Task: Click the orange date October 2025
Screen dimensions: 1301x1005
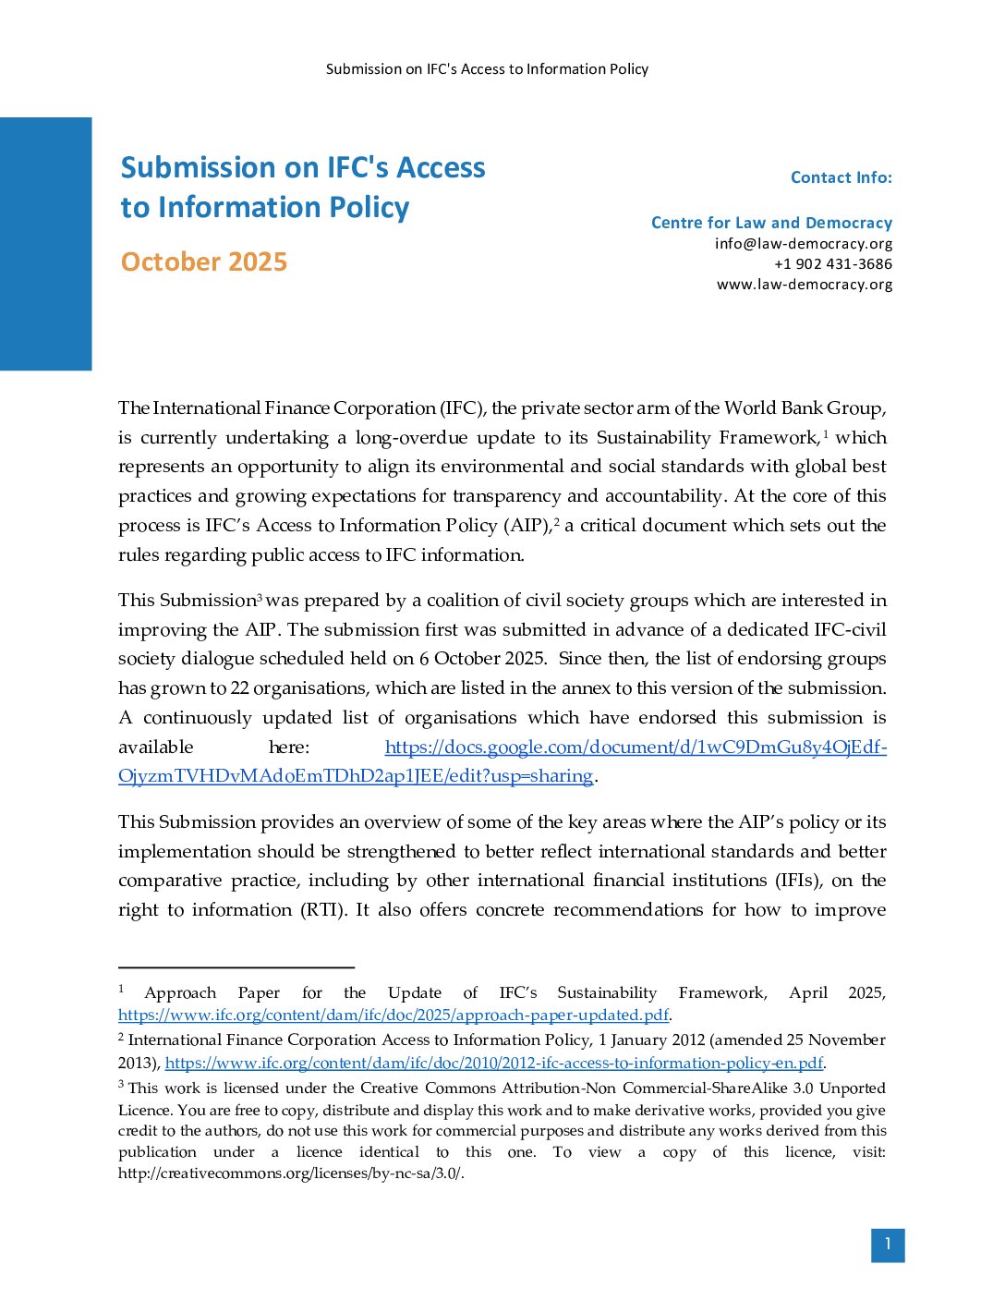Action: (x=204, y=262)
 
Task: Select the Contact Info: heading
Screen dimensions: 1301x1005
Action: (x=841, y=177)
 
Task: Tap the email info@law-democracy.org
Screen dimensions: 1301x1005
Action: (x=803, y=244)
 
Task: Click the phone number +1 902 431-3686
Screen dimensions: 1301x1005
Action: (x=832, y=264)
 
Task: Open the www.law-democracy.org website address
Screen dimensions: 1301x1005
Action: (x=804, y=285)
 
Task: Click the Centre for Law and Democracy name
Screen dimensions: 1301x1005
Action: (x=771, y=223)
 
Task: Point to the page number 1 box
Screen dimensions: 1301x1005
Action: (x=887, y=1245)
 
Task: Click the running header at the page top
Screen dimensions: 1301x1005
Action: (x=487, y=69)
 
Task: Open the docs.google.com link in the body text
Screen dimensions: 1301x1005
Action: (x=635, y=748)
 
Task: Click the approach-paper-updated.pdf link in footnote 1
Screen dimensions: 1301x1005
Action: (x=393, y=1015)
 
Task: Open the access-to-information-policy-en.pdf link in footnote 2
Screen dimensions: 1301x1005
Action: (x=493, y=1063)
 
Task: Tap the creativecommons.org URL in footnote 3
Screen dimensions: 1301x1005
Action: (x=290, y=1173)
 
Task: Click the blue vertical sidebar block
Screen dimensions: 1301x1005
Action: (x=45, y=244)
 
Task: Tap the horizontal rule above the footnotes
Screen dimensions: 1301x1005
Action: (x=236, y=967)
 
